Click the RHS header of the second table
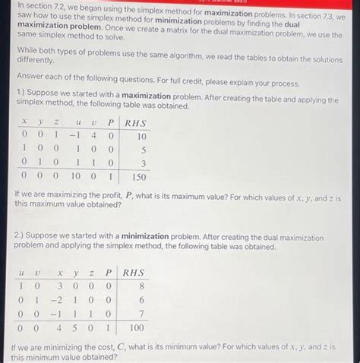[x=134, y=273]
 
